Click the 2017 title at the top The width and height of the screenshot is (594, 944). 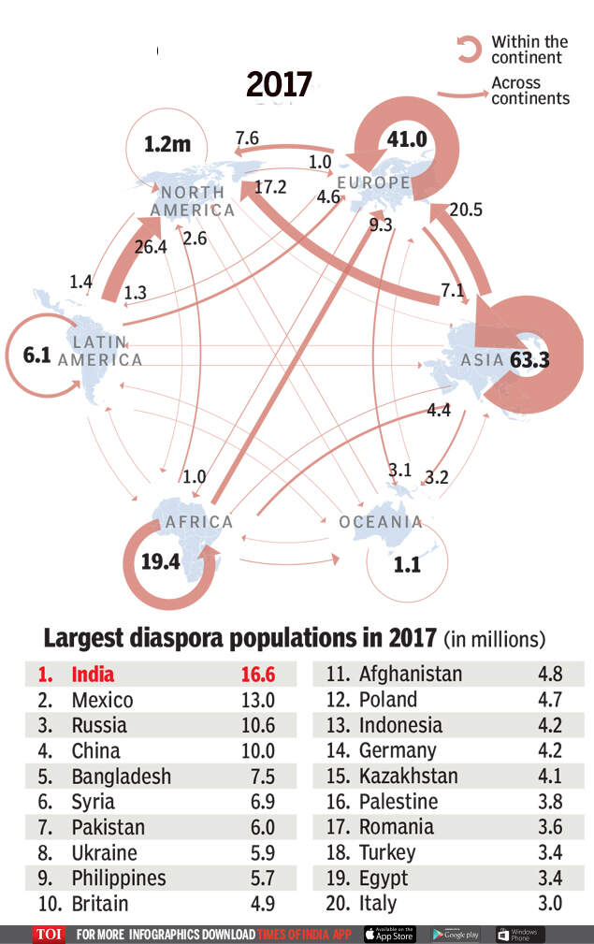(x=279, y=84)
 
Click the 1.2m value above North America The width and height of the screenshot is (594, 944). (x=167, y=144)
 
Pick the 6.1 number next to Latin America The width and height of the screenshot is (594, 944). (x=36, y=356)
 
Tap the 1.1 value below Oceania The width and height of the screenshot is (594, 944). (x=407, y=564)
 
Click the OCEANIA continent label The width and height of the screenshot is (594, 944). (x=381, y=522)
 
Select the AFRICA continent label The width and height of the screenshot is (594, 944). (x=198, y=522)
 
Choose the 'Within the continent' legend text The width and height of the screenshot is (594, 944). (x=529, y=50)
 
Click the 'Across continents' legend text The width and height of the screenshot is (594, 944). (x=529, y=91)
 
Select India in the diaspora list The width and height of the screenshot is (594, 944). (x=93, y=674)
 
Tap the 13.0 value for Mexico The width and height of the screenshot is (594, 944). (x=258, y=700)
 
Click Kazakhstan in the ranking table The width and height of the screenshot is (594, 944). (x=408, y=776)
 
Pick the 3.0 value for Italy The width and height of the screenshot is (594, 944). (x=551, y=903)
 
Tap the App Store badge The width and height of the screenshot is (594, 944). (x=389, y=934)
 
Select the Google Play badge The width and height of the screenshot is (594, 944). (x=456, y=934)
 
